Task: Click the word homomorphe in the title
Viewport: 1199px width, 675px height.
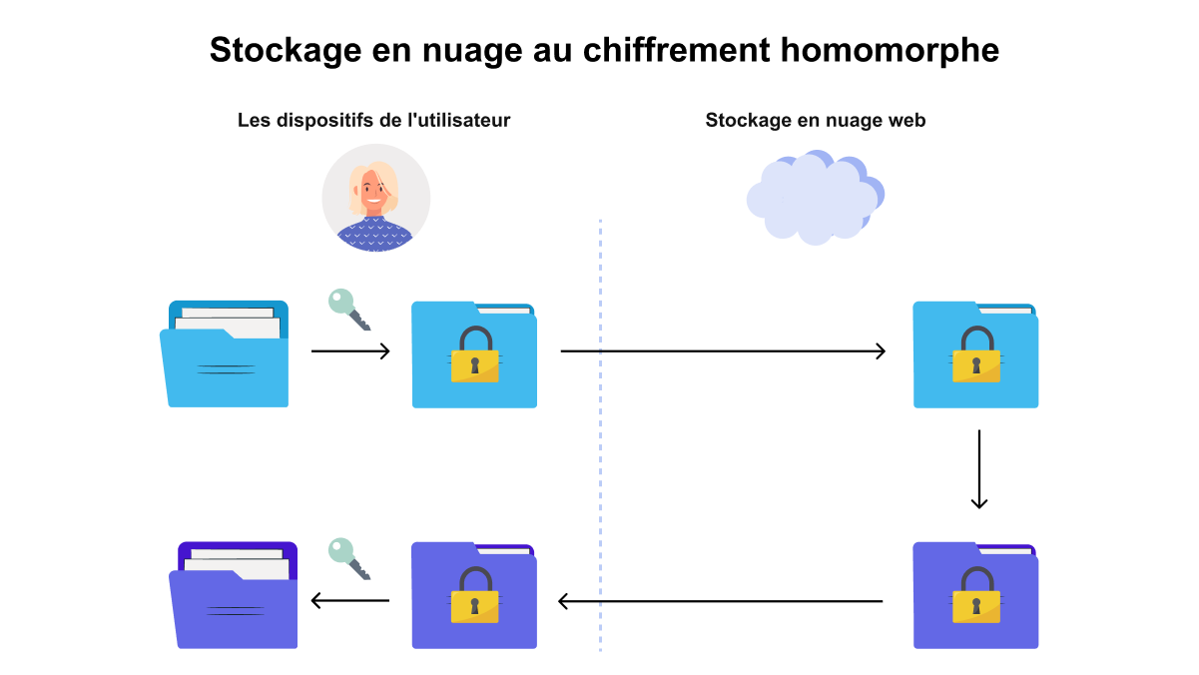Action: (x=890, y=51)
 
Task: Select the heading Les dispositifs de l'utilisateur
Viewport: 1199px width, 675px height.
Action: (x=373, y=121)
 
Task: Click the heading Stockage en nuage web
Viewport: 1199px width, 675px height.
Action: (x=816, y=121)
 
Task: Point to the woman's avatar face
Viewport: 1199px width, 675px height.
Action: (x=373, y=189)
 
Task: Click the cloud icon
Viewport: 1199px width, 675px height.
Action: (x=815, y=198)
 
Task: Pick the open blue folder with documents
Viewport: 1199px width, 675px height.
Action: (x=224, y=353)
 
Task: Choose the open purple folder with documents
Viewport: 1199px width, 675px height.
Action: (x=233, y=595)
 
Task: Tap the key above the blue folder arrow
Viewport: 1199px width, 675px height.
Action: (x=349, y=310)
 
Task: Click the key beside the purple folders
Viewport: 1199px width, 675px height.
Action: (x=349, y=559)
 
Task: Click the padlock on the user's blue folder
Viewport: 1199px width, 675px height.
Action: (x=475, y=353)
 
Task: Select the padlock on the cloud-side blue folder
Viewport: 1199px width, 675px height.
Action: (x=976, y=353)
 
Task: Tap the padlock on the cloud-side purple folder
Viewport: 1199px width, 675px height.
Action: (x=976, y=595)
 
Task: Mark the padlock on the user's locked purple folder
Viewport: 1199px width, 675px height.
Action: (x=475, y=595)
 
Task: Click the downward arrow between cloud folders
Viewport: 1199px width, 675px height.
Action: (x=979, y=469)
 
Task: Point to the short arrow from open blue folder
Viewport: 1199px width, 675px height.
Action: (x=350, y=351)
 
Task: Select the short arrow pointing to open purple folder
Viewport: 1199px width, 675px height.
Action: (x=350, y=600)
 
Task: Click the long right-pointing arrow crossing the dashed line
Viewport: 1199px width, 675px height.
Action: (x=723, y=351)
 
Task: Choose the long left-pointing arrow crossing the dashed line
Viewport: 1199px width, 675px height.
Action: (x=721, y=601)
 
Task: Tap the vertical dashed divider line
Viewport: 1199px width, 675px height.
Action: (x=601, y=435)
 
